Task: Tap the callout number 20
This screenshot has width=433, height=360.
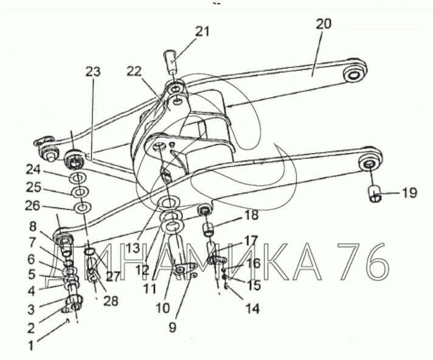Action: (324, 24)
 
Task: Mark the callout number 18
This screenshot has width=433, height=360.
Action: (251, 215)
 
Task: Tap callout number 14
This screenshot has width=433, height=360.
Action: (252, 309)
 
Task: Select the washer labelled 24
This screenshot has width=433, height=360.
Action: (77, 179)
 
